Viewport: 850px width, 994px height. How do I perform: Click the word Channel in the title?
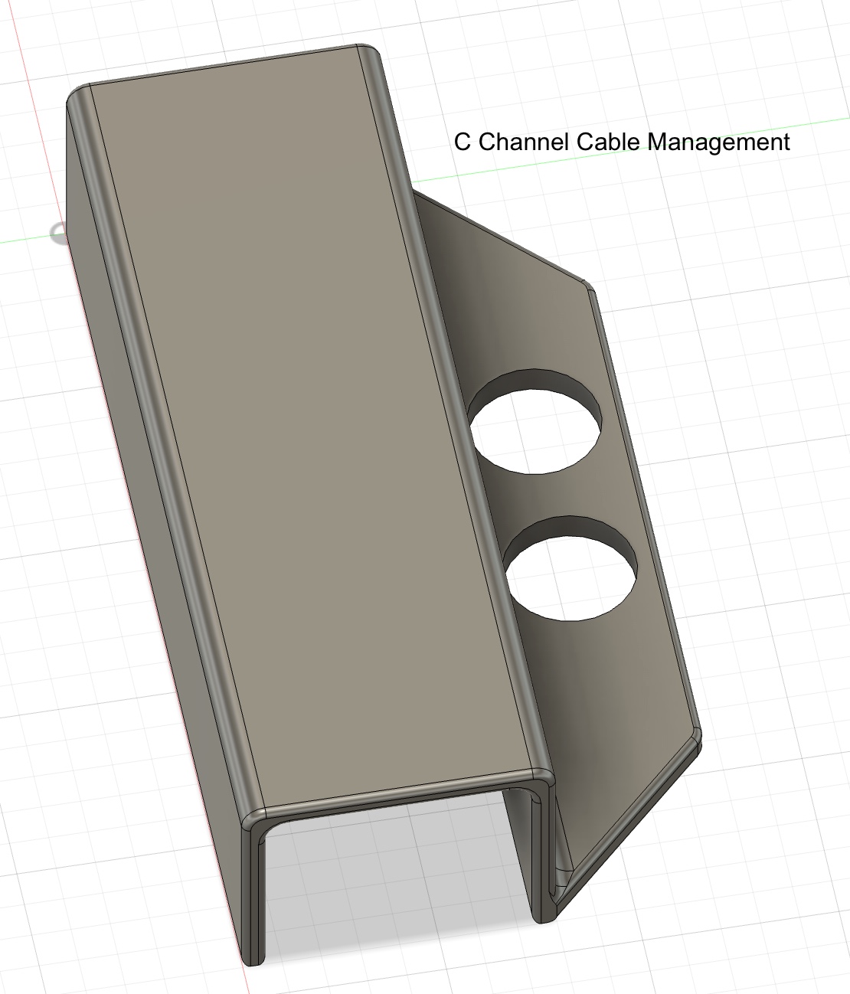point(524,142)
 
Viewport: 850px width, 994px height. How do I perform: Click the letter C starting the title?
point(462,142)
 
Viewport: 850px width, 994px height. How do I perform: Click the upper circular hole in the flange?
point(535,431)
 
